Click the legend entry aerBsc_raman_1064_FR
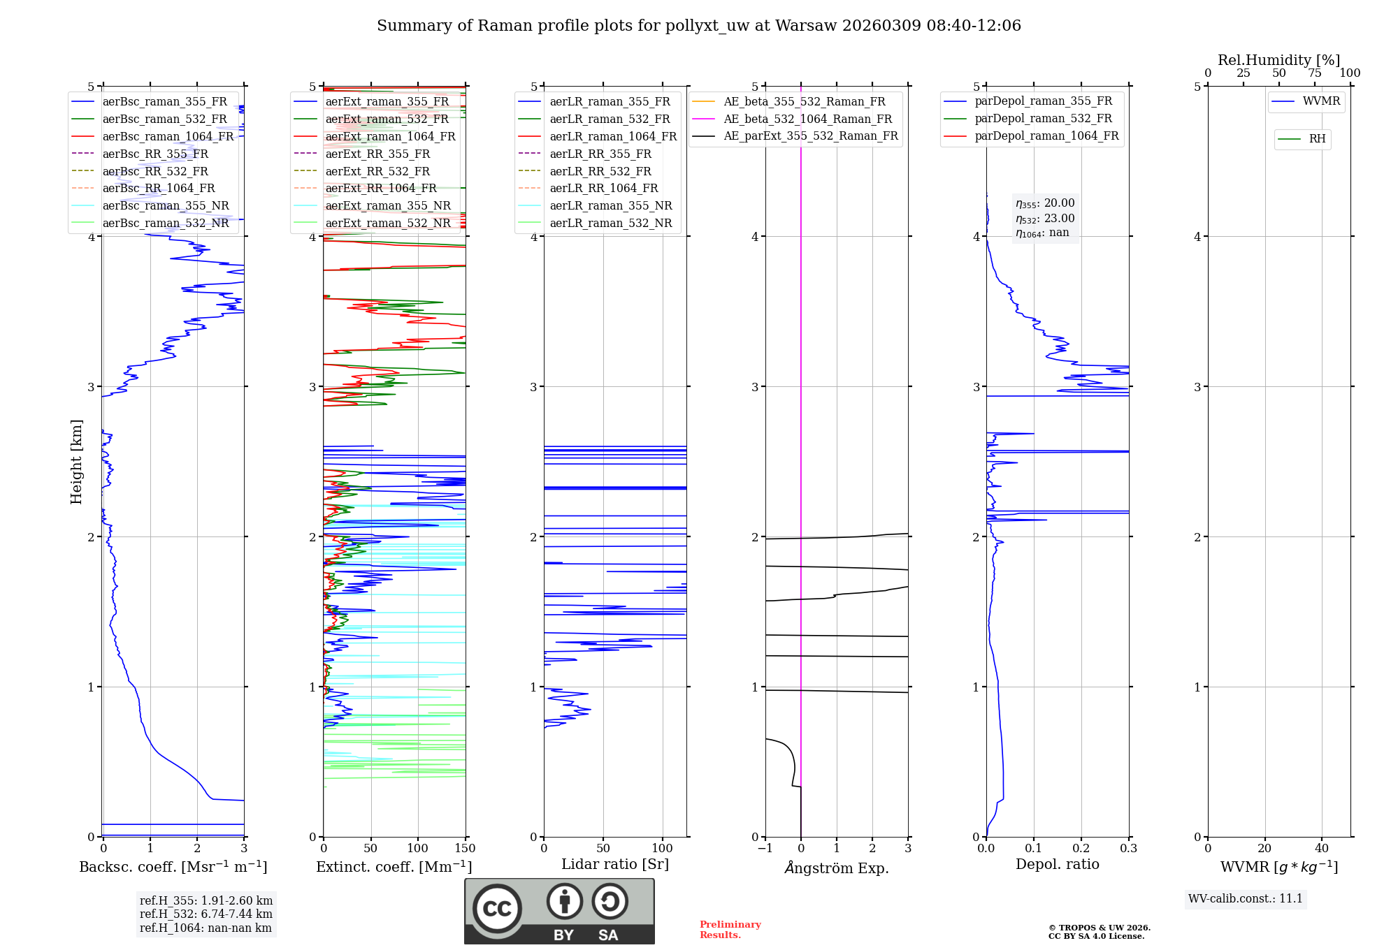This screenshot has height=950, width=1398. coord(168,137)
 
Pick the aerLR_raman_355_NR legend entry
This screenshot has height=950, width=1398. coord(610,206)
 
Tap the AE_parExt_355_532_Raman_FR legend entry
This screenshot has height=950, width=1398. coord(811,136)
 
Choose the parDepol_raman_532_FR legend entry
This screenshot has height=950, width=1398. coord(1043,119)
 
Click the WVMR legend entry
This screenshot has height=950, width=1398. coord(1321,101)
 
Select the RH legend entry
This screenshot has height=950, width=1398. coord(1317,139)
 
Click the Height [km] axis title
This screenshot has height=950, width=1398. coord(76,462)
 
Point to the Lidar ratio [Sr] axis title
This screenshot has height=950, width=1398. coord(615,864)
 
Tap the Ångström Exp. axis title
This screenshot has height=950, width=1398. coord(837,868)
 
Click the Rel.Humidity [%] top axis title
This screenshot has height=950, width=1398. coord(1278,60)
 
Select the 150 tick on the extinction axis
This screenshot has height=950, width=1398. coord(465,849)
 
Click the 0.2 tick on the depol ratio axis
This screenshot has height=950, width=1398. coord(1081,849)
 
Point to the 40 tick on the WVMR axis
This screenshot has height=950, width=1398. coord(1321,849)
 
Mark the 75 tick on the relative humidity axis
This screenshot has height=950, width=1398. coord(1314,73)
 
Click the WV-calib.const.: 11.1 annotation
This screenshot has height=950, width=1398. coord(1245,899)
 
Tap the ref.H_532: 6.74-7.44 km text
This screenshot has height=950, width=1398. coord(206,914)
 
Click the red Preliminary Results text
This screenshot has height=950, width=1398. coord(730,930)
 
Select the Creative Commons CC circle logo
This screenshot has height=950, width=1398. coord(497,909)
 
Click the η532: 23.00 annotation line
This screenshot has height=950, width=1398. coord(1045,219)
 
